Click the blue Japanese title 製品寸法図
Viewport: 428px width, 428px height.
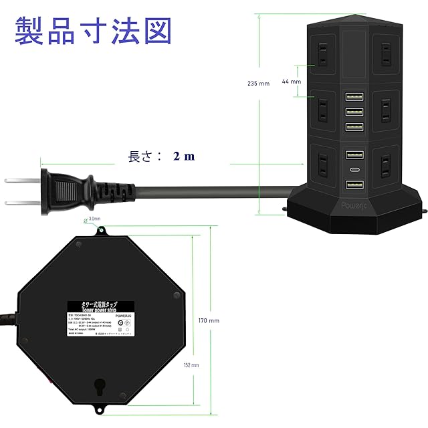coord(93,31)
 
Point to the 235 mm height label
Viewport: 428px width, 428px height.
coord(258,83)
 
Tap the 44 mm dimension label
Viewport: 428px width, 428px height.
coord(291,82)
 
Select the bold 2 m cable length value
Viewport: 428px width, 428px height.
coord(184,156)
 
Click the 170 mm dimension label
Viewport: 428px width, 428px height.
coord(210,321)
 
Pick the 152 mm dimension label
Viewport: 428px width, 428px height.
coord(191,365)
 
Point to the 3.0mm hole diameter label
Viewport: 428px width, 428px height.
coord(93,219)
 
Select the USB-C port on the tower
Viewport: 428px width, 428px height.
coord(354,170)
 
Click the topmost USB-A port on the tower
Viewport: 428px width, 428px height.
coord(354,97)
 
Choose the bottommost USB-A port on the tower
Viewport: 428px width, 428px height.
coord(354,185)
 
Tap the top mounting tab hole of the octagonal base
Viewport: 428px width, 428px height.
coord(101,231)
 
